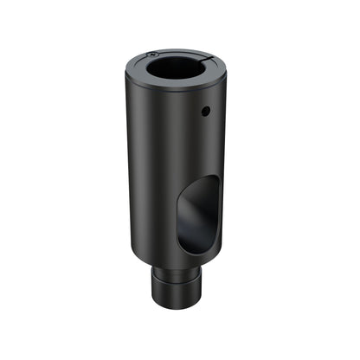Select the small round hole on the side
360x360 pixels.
click(205, 111)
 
